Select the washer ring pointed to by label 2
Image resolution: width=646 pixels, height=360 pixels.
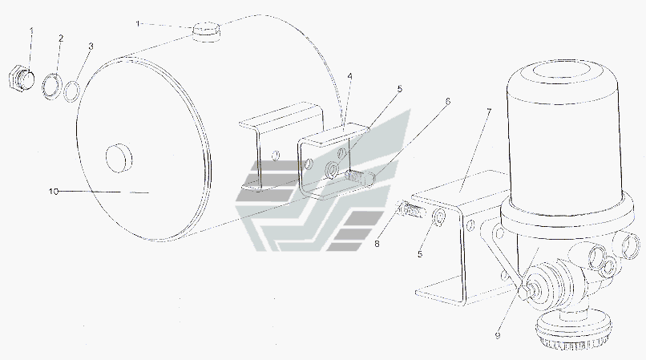(x=52, y=86)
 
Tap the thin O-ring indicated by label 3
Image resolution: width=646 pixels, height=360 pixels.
(x=72, y=91)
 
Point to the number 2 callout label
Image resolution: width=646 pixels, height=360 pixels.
(x=61, y=38)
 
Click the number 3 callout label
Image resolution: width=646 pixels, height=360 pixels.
(x=91, y=47)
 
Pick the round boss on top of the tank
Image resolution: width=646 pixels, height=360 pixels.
(x=206, y=31)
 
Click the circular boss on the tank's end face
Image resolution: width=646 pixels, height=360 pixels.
(x=119, y=157)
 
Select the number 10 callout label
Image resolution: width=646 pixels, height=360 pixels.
(x=54, y=192)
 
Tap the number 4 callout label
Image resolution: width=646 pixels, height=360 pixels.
(x=349, y=76)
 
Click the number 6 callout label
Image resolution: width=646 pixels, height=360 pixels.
(x=448, y=102)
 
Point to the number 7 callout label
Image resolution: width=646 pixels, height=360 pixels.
(x=489, y=111)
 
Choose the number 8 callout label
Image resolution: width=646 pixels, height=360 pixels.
(x=377, y=244)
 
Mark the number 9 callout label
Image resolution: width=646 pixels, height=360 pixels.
(x=498, y=336)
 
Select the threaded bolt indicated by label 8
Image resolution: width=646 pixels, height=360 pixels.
(x=410, y=209)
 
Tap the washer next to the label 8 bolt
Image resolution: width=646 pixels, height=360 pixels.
(x=438, y=216)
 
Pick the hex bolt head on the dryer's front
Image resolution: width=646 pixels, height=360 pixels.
(x=524, y=293)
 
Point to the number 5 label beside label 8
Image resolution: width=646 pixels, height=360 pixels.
(x=420, y=254)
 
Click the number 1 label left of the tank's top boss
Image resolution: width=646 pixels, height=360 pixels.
(x=138, y=24)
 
